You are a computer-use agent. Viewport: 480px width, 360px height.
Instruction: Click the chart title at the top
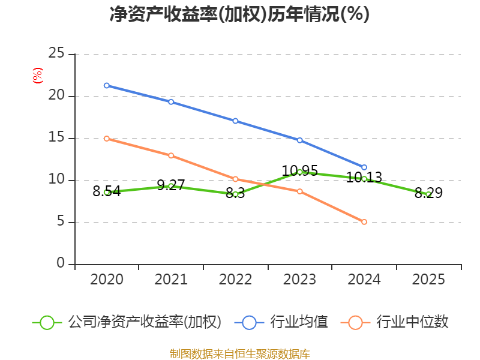239,14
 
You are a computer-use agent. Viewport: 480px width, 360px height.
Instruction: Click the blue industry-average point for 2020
107,85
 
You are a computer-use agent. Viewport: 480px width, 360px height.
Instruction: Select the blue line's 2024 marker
364,167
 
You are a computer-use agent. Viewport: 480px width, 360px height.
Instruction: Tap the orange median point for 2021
171,155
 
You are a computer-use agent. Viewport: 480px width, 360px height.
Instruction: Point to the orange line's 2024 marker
364,222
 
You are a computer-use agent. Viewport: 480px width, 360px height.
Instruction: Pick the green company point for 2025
428,194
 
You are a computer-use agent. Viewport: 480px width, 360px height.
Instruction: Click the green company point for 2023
300,172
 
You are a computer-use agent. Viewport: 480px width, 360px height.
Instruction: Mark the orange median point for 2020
107,139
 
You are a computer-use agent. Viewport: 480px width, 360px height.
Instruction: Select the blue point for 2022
235,121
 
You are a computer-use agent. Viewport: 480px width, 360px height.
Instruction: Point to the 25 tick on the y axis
56,53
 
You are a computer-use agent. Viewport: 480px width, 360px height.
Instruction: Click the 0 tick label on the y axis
61,263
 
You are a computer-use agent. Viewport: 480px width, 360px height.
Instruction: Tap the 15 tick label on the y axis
56,137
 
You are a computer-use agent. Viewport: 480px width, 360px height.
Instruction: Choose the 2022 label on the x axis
235,280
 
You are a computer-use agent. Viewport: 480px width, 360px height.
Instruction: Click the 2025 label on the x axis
428,280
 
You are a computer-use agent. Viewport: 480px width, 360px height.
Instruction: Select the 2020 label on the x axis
107,280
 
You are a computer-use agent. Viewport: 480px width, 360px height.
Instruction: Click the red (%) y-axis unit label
38,76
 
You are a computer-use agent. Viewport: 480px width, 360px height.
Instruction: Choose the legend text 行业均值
299,322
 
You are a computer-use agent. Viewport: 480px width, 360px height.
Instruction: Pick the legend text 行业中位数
412,322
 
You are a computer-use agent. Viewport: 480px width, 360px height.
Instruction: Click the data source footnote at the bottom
239,353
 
